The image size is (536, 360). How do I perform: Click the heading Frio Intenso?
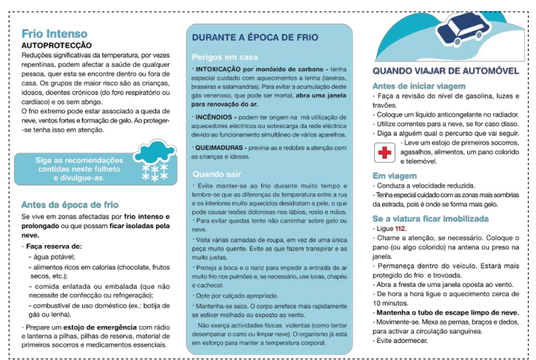pyautogui.click(x=54, y=33)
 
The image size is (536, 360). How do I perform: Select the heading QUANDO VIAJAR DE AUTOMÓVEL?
pyautogui.click(x=445, y=71)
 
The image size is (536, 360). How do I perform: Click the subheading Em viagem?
pyautogui.click(x=395, y=176)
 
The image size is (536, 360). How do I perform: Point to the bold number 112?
pyautogui.click(x=401, y=230)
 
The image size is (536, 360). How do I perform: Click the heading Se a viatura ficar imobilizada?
pyautogui.click(x=430, y=219)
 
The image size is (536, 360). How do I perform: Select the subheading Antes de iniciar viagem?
pyautogui.click(x=418, y=86)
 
